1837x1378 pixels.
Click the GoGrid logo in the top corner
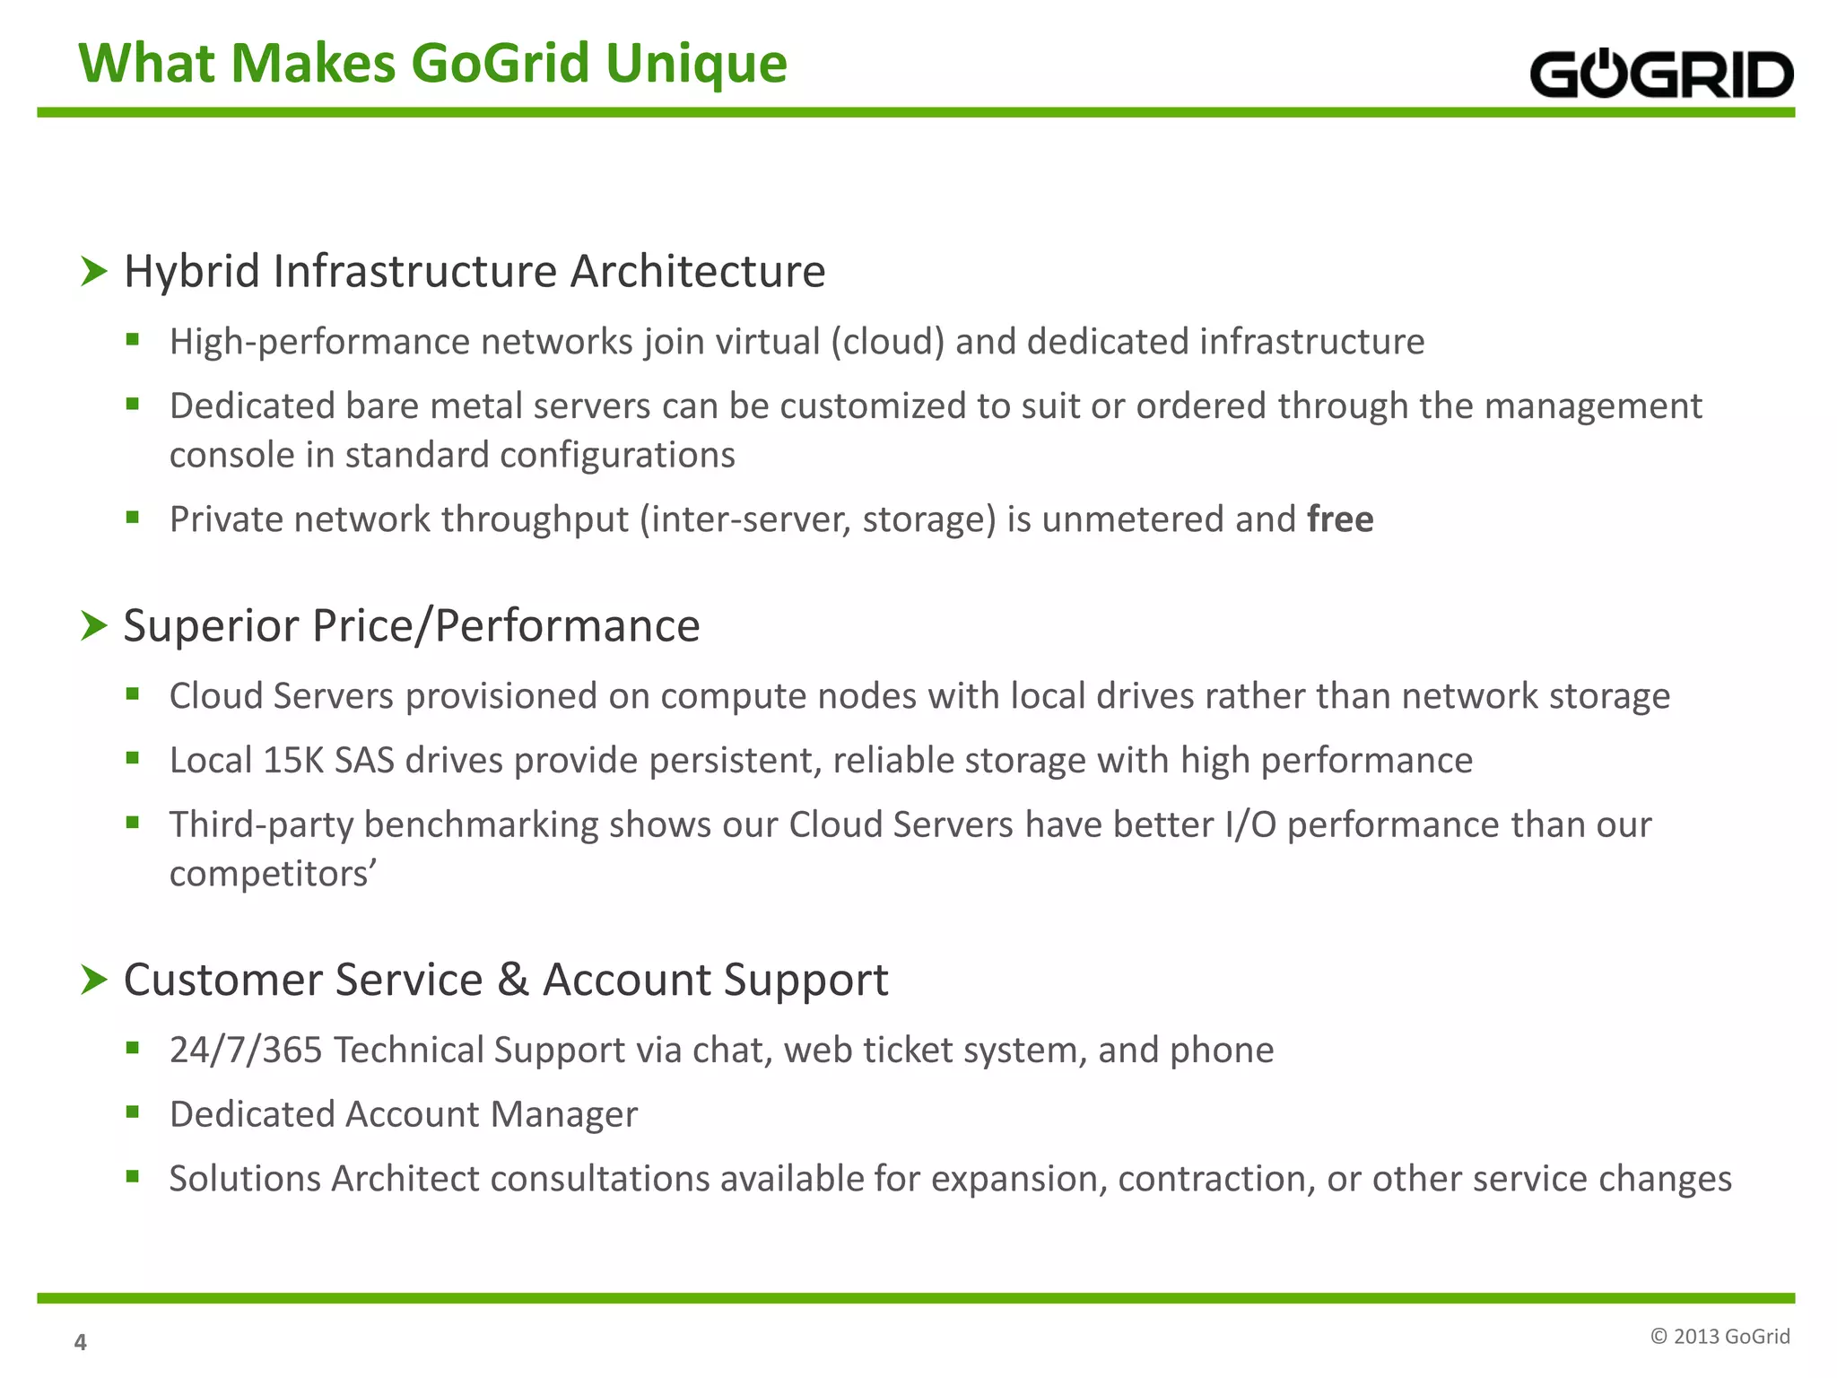(1661, 74)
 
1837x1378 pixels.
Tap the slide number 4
(80, 1342)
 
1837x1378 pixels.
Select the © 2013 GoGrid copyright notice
(1719, 1337)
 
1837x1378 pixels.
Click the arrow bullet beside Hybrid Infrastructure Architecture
(93, 271)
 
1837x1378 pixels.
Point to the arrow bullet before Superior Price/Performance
(93, 625)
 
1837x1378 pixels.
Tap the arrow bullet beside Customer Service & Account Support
(93, 980)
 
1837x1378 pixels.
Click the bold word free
(1340, 519)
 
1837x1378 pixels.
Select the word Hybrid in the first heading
(192, 271)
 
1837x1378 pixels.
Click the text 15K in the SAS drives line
(293, 761)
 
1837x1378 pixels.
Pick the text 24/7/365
(246, 1051)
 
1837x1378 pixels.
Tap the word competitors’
(273, 874)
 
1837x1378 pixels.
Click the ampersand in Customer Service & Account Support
(512, 979)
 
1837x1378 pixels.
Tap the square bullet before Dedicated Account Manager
(133, 1112)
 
